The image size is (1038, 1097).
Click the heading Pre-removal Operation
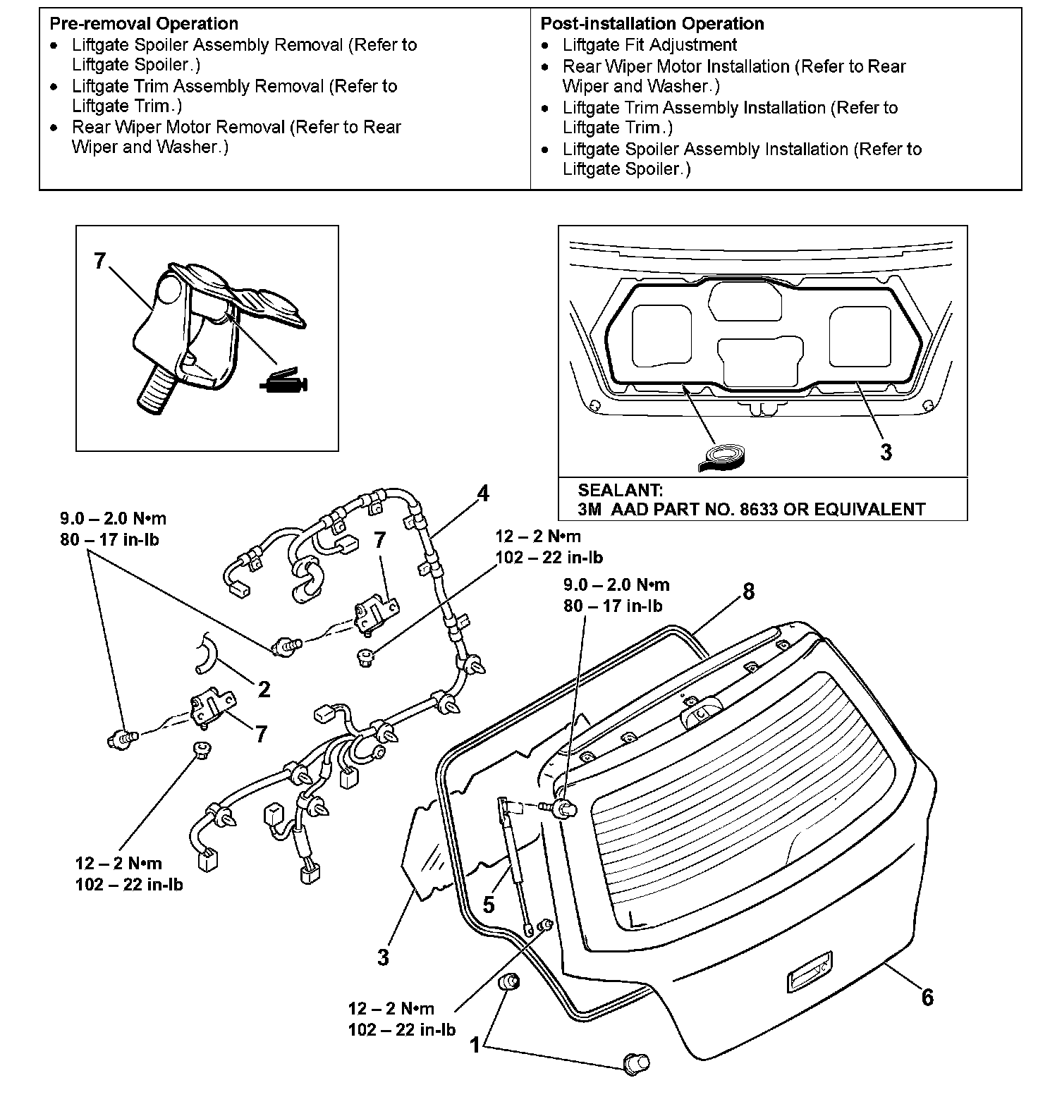143,24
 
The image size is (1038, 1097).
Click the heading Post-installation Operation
652,24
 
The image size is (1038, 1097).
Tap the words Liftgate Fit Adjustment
649,45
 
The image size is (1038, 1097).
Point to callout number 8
748,592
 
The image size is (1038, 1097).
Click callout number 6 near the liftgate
927,997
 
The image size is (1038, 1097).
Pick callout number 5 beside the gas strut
489,904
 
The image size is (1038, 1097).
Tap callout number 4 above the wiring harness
482,494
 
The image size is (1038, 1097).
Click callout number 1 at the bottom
475,1044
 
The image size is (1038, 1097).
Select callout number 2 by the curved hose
264,689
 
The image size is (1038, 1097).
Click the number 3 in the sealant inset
886,452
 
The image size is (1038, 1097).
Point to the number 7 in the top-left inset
100,262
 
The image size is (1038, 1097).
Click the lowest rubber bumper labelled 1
635,1062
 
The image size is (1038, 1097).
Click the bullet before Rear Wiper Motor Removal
55,128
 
